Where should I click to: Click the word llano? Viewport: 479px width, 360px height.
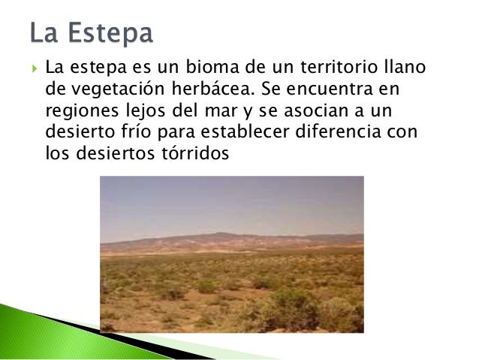[x=406, y=69]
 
